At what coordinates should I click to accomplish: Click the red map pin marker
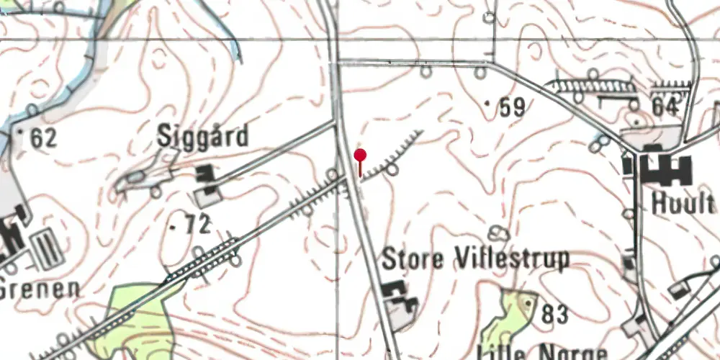click(360, 156)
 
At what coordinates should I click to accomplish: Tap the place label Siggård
click(204, 136)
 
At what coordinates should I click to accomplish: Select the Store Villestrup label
click(475, 258)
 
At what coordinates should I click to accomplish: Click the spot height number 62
click(43, 138)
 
